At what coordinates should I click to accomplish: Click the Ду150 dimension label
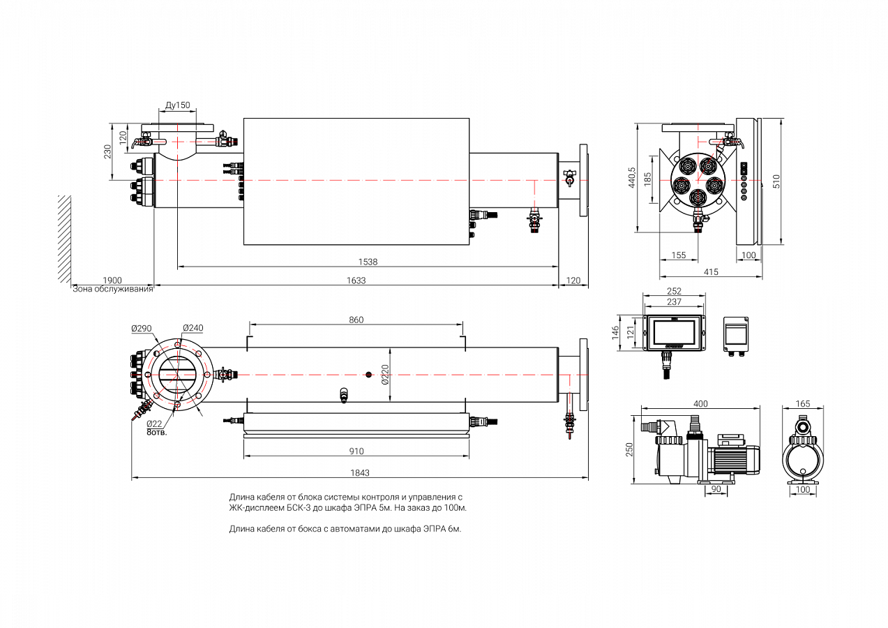(x=177, y=105)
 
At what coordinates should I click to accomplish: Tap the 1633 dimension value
(x=356, y=281)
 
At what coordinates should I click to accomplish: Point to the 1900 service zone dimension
(x=112, y=281)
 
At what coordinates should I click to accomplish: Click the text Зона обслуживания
(x=112, y=289)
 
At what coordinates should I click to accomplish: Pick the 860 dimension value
(x=356, y=320)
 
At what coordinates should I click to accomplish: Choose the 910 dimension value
(x=356, y=451)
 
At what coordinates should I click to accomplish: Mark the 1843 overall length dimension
(x=359, y=473)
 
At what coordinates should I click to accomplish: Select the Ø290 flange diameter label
(x=141, y=328)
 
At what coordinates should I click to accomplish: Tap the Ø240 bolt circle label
(x=193, y=328)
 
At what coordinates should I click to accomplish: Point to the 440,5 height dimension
(x=632, y=178)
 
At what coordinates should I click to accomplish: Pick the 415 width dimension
(x=711, y=272)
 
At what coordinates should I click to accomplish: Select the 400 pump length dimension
(x=701, y=404)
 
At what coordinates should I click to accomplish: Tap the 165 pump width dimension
(x=803, y=404)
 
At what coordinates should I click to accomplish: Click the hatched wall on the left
(x=64, y=237)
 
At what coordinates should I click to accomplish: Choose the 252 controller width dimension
(x=674, y=291)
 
